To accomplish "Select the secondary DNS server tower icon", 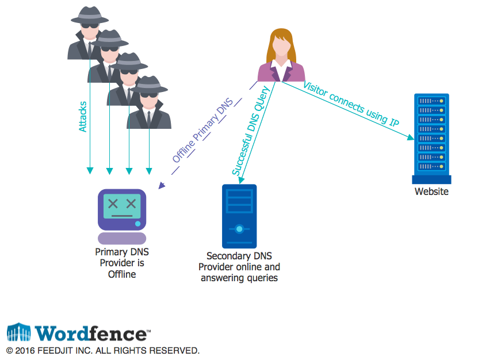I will pos(239,216).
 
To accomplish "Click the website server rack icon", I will pos(431,138).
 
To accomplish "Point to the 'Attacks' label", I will pos(83,117).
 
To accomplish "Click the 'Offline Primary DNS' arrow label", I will pos(202,134).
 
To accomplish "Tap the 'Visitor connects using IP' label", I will pos(350,104).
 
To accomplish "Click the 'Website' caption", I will pos(431,192).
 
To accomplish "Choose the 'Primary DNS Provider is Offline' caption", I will pos(122,263).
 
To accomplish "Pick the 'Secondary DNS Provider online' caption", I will pos(239,267).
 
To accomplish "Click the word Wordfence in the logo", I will pos(91,334).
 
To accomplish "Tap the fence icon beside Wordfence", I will pos(18,332).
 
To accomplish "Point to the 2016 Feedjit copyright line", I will pos(103,350).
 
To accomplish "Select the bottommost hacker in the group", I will pos(149,104).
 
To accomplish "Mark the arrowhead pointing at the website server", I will pos(411,138).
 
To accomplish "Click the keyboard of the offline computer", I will pos(121,238).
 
